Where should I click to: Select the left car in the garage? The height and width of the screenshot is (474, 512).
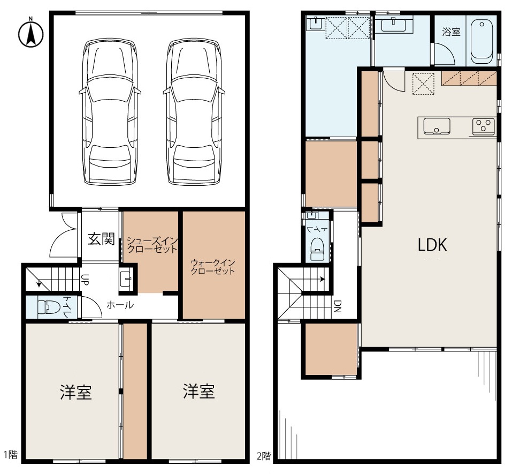[109, 112]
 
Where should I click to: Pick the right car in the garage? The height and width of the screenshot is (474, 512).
[194, 112]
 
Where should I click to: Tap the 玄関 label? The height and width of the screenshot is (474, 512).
[101, 239]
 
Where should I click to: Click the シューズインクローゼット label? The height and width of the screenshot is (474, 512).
[152, 245]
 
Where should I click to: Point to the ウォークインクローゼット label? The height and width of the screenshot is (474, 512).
[213, 267]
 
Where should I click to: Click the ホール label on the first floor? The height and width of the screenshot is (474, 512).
[120, 305]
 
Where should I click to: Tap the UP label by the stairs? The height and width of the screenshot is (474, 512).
[85, 280]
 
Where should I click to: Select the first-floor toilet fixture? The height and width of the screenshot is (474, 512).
[48, 307]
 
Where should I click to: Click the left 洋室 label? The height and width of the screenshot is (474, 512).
[76, 392]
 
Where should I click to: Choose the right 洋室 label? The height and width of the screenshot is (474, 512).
[198, 392]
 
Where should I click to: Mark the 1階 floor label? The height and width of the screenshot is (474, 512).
[10, 454]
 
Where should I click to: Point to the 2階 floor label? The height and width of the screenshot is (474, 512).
[264, 456]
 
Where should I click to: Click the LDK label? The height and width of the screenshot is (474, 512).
[432, 245]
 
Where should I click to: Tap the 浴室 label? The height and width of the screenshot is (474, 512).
[451, 32]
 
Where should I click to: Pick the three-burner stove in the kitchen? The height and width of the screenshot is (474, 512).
[483, 126]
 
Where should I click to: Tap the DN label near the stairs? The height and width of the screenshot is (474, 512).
[338, 306]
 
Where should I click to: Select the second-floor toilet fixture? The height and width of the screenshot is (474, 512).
[316, 249]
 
